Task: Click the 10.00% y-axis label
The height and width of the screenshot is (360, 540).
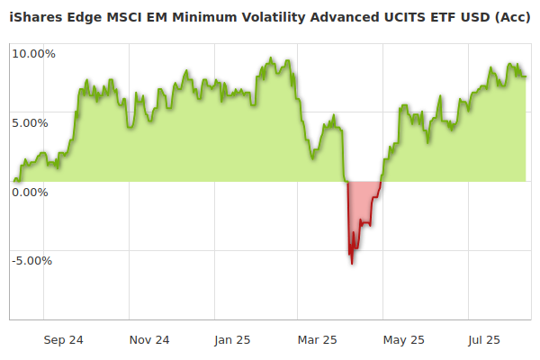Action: (33, 53)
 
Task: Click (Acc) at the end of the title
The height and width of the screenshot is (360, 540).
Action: (511, 18)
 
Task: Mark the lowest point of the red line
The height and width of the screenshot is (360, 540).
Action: (352, 264)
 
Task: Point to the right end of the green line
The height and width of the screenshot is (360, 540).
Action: (526, 76)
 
